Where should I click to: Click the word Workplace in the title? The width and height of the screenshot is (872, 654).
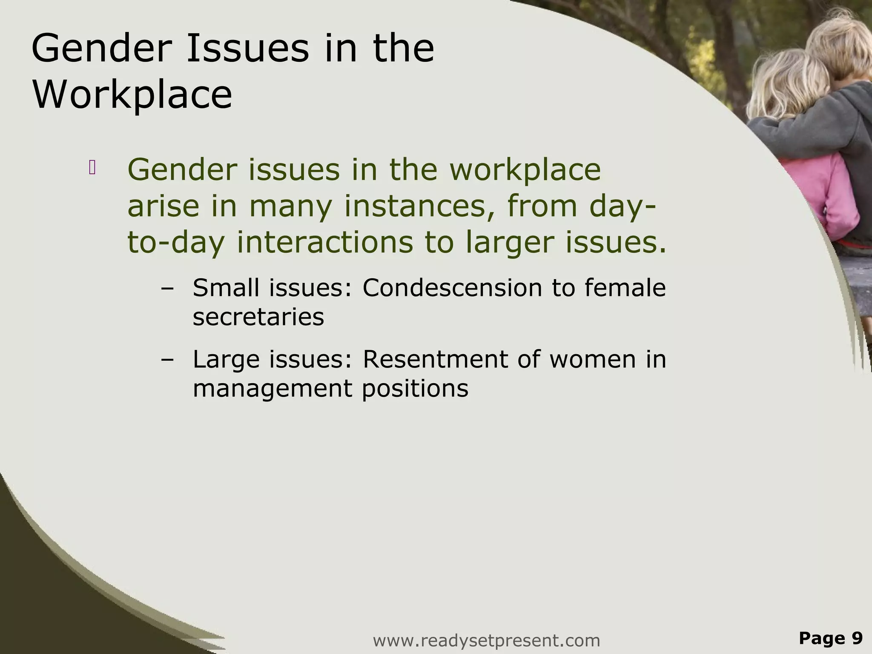point(132,95)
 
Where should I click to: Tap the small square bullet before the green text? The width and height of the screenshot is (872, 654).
point(92,168)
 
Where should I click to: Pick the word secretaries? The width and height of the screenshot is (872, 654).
point(258,317)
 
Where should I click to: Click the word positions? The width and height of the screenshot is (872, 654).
point(415,389)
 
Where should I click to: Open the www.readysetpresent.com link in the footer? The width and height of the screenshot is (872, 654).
point(486,640)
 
